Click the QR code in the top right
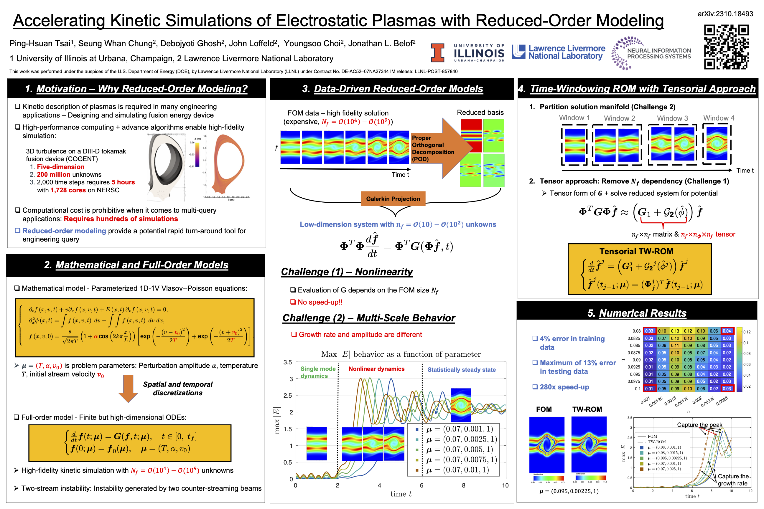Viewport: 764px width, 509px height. point(726,47)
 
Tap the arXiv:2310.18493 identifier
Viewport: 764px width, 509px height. point(725,14)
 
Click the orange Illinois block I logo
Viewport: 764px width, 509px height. point(437,53)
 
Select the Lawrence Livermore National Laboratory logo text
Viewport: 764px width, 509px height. point(567,52)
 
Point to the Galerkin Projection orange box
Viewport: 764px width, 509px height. point(393,199)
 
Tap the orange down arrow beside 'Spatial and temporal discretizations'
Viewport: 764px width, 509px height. point(128,388)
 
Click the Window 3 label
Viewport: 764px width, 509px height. point(672,118)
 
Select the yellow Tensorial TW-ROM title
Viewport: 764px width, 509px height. point(636,251)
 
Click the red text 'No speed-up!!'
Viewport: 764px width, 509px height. point(320,302)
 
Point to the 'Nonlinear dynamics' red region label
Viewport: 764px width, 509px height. point(376,369)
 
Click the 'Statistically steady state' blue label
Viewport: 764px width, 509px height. point(461,370)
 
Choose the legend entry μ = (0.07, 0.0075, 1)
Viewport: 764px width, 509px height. point(461,459)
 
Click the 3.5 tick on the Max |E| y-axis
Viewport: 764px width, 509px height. point(287,362)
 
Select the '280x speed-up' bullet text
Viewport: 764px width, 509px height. point(564,387)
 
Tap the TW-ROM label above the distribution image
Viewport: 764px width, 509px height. point(587,409)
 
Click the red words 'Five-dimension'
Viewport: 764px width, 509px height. point(61,167)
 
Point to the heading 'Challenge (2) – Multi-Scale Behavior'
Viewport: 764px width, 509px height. point(369,318)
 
